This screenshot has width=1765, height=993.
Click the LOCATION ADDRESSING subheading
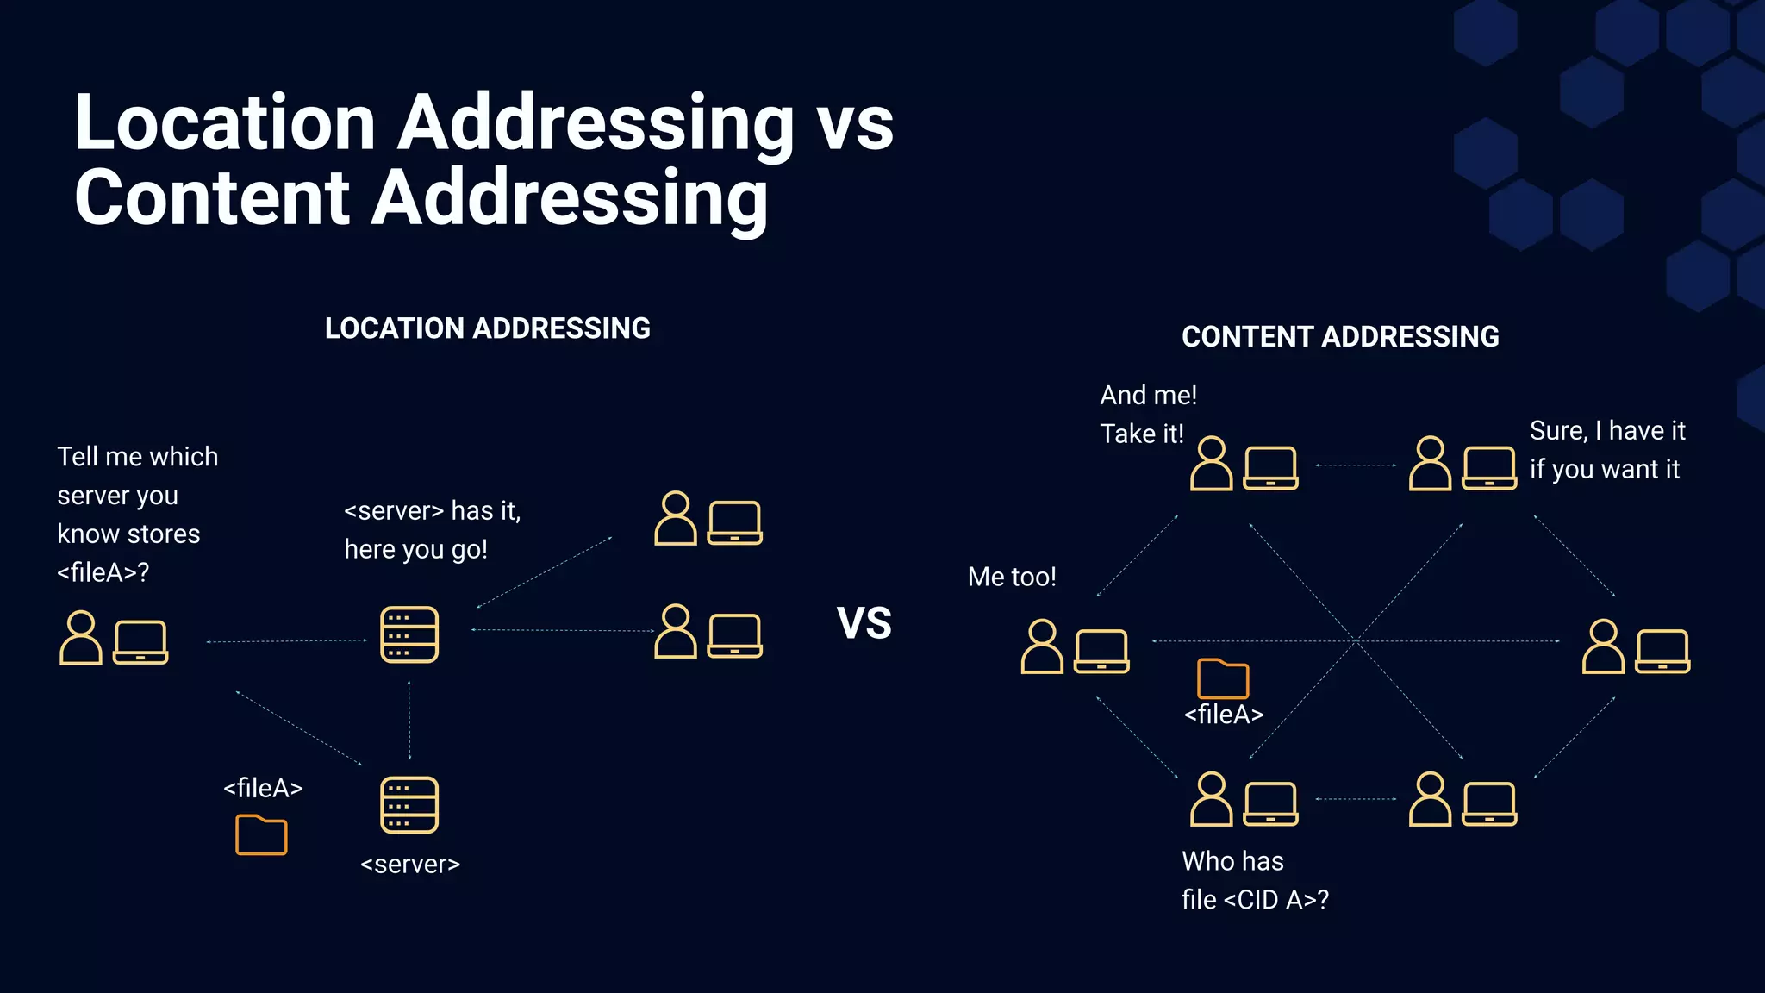[487, 328]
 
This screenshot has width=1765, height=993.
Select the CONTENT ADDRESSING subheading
[1339, 336]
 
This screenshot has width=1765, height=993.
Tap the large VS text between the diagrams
[864, 622]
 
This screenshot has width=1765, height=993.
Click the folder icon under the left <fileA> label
[261, 834]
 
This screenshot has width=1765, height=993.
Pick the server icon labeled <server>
[409, 805]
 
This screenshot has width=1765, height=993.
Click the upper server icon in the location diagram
[409, 634]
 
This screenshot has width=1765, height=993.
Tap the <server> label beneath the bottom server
[410, 864]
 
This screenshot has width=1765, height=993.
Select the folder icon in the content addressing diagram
[1222, 678]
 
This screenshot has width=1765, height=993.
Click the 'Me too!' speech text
[1011, 576]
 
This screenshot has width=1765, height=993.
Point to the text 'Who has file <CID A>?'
[1254, 880]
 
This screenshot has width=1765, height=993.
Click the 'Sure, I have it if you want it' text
[1606, 449]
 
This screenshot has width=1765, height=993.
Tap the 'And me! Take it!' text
[1147, 414]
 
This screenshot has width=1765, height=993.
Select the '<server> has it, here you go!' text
[432, 529]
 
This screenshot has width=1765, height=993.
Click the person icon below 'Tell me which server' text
[80, 638]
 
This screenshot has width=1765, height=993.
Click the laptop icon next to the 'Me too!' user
[1101, 651]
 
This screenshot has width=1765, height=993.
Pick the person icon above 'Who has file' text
[1211, 799]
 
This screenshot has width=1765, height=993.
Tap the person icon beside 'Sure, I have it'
[1430, 464]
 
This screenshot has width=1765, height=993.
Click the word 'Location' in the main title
[224, 122]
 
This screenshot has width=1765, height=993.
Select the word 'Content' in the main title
[212, 197]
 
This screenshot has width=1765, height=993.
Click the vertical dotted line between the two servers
[409, 720]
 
